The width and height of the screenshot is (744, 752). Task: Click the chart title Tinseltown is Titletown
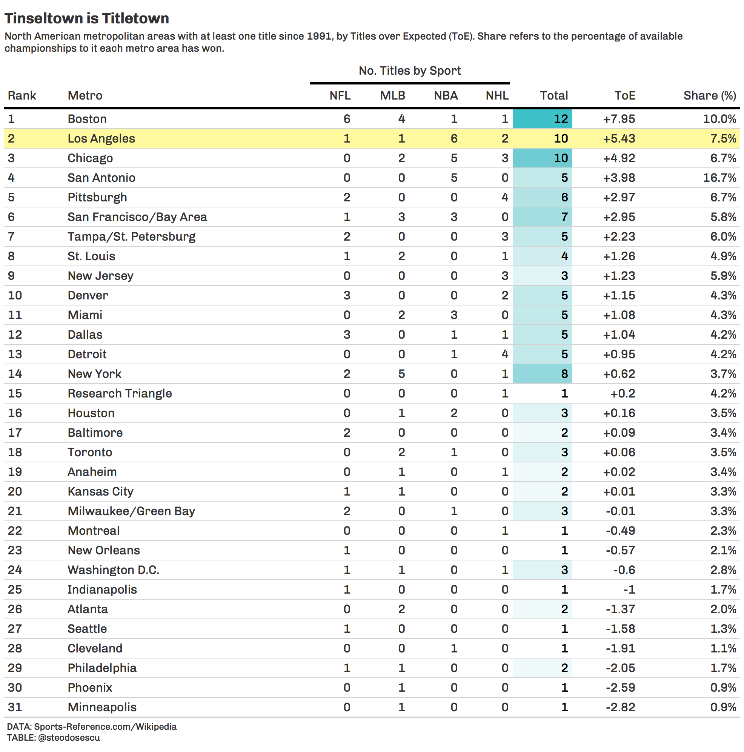87,18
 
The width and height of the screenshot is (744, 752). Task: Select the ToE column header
624,95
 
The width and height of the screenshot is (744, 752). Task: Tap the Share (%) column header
709,95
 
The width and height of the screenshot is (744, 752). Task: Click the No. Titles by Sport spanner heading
410,71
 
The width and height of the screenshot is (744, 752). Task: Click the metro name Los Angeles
101,138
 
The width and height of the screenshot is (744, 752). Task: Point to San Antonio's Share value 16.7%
719,178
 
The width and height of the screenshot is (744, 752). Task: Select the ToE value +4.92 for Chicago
619,158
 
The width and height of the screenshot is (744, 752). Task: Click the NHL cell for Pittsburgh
504,197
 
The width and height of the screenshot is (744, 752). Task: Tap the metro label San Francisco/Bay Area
137,217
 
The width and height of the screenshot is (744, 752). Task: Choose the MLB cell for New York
401,374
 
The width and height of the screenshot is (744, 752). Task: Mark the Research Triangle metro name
120,393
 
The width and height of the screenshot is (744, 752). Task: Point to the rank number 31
15,707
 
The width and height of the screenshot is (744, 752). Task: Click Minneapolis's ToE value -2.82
620,707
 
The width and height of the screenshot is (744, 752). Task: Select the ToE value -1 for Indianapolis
629,589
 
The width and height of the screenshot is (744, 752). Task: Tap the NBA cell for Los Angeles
453,138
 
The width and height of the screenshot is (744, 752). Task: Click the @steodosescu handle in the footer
69,738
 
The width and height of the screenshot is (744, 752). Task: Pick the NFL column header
340,95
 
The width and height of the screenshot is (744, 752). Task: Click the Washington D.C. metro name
113,570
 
